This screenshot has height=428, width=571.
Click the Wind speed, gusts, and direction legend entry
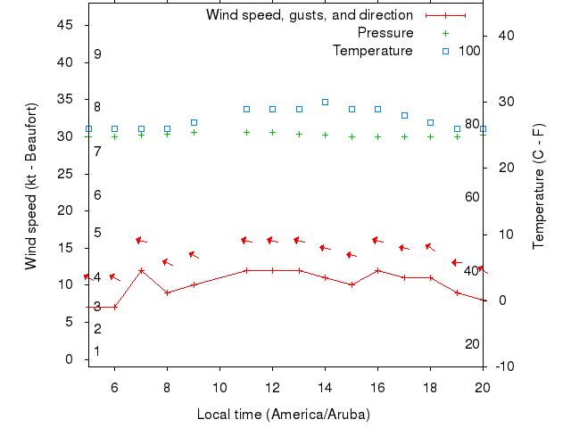click(309, 15)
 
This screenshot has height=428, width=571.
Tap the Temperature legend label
click(372, 51)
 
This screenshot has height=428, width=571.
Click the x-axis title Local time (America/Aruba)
click(283, 415)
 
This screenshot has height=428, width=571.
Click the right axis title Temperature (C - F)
click(539, 185)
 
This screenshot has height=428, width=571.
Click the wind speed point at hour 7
click(141, 270)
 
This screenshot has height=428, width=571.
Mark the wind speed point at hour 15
click(352, 284)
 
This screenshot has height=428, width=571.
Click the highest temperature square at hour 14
click(325, 103)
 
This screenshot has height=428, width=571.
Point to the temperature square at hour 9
click(194, 122)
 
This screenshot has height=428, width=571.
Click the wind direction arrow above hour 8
click(167, 262)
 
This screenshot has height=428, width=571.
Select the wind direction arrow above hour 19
click(457, 263)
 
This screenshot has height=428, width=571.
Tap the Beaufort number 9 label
click(97, 54)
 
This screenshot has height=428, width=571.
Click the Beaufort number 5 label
click(97, 233)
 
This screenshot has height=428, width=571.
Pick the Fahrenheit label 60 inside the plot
click(473, 197)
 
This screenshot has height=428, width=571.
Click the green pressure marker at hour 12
click(272, 132)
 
